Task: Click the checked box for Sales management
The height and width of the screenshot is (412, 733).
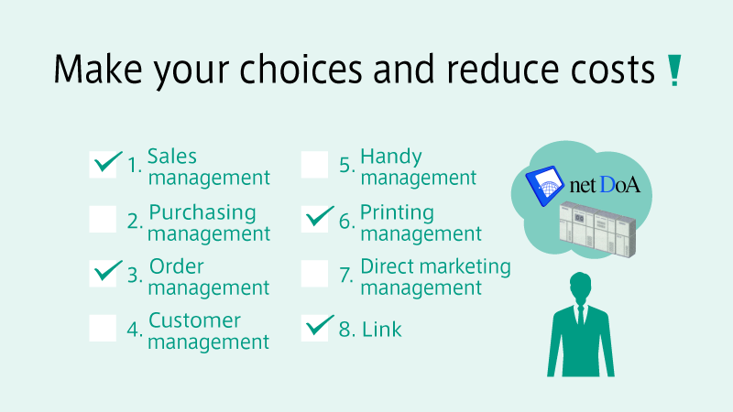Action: point(103,165)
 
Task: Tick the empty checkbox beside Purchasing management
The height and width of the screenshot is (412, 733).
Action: point(103,219)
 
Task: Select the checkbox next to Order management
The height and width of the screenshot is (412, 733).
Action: point(103,273)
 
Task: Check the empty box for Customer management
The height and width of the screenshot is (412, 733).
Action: point(103,328)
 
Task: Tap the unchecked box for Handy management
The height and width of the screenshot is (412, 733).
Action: point(314,165)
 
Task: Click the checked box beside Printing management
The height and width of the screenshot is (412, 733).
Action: point(314,219)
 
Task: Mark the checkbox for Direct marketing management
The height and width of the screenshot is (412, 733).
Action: point(314,273)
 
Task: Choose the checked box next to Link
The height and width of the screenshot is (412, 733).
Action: point(314,328)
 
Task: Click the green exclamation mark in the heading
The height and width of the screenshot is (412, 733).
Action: point(674,70)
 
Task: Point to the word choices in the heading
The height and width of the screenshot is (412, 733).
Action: point(301,69)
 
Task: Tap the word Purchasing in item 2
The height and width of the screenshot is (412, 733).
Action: point(202,213)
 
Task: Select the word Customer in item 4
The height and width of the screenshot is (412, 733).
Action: point(194,320)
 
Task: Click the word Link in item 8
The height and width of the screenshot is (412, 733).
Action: point(381,330)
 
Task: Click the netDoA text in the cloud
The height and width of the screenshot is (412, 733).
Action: point(605,185)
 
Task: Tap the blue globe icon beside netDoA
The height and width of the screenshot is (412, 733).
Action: point(544,186)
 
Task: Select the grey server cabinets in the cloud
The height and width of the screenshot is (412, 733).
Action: point(598,229)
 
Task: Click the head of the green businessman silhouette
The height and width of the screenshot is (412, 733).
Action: point(580,286)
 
